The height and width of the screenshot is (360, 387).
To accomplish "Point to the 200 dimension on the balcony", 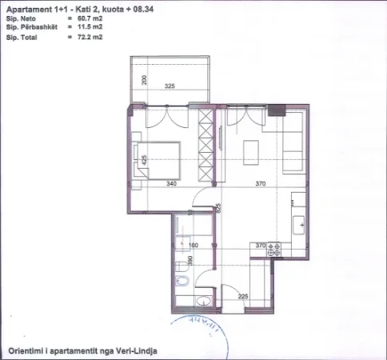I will click(144, 80).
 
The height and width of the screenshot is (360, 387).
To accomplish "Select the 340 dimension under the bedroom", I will click(170, 183).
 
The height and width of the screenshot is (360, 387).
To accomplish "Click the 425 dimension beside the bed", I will click(144, 158).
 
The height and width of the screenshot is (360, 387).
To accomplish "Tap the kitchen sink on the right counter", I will click(301, 225).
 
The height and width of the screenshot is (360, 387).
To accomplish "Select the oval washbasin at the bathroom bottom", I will click(201, 302).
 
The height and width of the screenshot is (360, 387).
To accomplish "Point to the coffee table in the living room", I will click(251, 150).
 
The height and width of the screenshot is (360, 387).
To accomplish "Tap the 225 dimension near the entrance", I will click(244, 296).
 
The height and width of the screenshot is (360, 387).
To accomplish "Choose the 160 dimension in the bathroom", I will click(193, 246).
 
